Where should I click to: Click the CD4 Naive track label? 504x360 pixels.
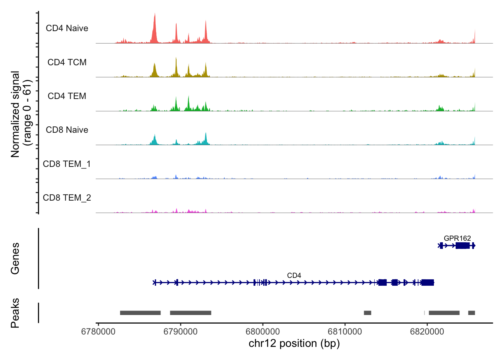click(67, 28)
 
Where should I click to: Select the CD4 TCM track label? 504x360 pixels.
click(67, 62)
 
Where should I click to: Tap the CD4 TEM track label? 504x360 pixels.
click(67, 96)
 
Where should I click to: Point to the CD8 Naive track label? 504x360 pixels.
click(67, 130)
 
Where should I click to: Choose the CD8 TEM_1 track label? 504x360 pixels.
click(67, 164)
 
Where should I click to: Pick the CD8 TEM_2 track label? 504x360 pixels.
click(67, 198)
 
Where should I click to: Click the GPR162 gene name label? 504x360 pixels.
click(457, 238)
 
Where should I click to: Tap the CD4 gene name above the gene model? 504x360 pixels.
click(294, 275)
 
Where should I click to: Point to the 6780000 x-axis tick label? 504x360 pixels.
click(98, 331)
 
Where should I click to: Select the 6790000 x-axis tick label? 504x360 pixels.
click(180, 331)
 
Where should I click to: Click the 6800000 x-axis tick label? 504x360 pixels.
click(262, 331)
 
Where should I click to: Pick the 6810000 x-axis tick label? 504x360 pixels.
click(345, 331)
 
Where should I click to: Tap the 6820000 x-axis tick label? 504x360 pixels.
click(427, 331)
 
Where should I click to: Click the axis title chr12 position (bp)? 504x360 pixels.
click(294, 343)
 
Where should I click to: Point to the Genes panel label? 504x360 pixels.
click(15, 258)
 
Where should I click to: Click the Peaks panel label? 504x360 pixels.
click(15, 313)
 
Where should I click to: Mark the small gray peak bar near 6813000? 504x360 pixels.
click(367, 313)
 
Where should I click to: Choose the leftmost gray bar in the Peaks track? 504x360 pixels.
click(140, 313)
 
